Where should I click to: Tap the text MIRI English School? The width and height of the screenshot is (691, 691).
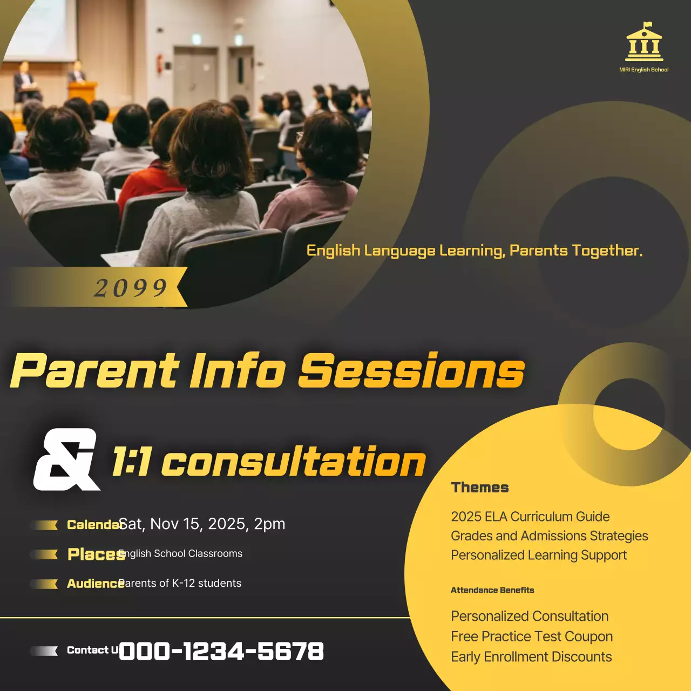(x=643, y=70)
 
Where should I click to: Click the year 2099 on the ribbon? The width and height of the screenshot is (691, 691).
(x=131, y=288)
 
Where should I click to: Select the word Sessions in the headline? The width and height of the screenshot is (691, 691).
(x=411, y=371)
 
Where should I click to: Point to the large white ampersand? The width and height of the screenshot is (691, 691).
(x=66, y=459)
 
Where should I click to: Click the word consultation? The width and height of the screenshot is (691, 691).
(x=294, y=462)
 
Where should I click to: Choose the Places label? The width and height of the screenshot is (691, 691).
(x=96, y=554)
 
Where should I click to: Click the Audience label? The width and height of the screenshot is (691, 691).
(x=94, y=584)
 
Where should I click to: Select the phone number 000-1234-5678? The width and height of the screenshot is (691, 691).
(x=221, y=651)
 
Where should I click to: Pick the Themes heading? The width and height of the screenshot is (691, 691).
(x=480, y=487)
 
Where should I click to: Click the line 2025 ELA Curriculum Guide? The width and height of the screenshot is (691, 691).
(x=530, y=517)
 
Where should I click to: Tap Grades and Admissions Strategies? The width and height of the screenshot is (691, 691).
(x=549, y=536)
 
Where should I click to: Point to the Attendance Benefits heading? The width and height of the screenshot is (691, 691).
(x=492, y=590)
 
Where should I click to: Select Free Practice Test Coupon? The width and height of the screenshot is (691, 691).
(x=532, y=636)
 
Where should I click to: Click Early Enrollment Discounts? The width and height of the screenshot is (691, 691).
(x=531, y=656)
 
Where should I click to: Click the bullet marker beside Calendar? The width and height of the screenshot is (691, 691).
(x=44, y=525)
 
